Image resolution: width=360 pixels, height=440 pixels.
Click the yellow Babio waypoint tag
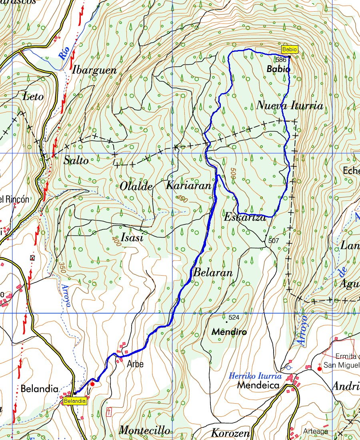(x=290, y=50)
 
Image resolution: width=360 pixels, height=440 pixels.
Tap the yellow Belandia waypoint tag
(x=74, y=401)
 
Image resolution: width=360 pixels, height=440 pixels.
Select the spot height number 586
(x=281, y=60)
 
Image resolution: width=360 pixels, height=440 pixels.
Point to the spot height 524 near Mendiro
(x=234, y=318)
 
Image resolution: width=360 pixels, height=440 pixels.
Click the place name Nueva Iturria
(x=289, y=106)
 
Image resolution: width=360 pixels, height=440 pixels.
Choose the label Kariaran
(x=188, y=186)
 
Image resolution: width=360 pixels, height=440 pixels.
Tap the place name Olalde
(x=136, y=186)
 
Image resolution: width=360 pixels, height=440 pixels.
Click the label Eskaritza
(x=245, y=218)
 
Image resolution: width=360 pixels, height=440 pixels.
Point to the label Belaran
(x=213, y=273)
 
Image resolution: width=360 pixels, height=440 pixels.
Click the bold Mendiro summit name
(x=229, y=332)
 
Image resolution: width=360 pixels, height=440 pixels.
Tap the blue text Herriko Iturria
(x=255, y=376)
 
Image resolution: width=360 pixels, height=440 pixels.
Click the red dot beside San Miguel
(x=319, y=368)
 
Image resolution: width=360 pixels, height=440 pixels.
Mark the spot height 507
(x=274, y=241)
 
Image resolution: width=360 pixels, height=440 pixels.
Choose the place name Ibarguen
(x=94, y=70)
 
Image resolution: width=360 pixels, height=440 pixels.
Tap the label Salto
(x=76, y=161)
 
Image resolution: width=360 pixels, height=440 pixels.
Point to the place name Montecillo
(x=144, y=430)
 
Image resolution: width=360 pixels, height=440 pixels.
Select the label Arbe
(x=135, y=364)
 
